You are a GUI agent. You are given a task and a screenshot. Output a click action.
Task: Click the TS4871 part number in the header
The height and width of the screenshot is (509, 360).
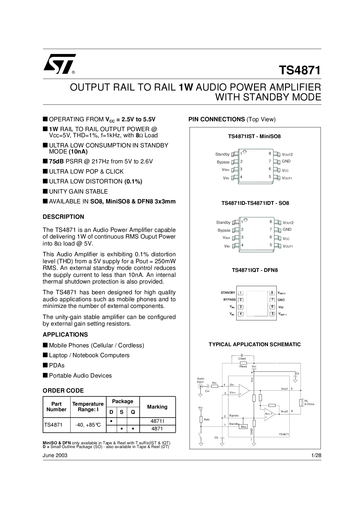[300, 71]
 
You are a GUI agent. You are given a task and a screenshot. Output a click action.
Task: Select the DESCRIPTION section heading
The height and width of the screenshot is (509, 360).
[63, 217]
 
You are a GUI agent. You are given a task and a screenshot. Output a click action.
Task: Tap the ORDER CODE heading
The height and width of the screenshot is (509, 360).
[63, 391]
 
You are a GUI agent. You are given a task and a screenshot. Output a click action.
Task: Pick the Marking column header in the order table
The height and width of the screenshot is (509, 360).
[157, 407]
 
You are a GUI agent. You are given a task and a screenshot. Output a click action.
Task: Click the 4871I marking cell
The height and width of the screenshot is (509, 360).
[157, 421]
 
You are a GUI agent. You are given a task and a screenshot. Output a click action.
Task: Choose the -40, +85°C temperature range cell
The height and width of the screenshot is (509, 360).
[88, 425]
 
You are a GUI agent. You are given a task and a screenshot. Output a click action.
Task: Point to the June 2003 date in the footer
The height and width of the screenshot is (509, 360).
[55, 455]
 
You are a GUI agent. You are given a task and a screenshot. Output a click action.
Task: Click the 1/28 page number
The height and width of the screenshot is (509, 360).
[316, 455]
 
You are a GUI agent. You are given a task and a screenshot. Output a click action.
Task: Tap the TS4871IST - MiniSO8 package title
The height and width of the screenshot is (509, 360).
[254, 136]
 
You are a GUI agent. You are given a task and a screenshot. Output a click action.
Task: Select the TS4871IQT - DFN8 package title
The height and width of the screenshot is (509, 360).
[255, 270]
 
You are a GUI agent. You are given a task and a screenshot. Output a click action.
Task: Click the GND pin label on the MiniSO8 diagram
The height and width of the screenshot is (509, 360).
[286, 161]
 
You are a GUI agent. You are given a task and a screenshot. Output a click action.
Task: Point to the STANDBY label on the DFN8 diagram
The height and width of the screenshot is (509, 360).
[228, 293]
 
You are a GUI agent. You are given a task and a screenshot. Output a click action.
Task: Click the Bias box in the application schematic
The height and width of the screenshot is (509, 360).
[244, 427]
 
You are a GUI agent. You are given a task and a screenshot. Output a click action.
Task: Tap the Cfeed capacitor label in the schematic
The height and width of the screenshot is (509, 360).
[242, 359]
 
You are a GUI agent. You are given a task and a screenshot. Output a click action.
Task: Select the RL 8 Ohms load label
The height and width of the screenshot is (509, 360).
[309, 402]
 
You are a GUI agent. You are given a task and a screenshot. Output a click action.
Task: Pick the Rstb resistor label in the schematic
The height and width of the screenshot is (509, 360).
[206, 420]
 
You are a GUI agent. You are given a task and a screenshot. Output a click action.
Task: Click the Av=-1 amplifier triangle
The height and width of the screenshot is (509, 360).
[269, 415]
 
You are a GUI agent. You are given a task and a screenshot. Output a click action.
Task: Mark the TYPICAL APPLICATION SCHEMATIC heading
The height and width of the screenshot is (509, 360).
[255, 344]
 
